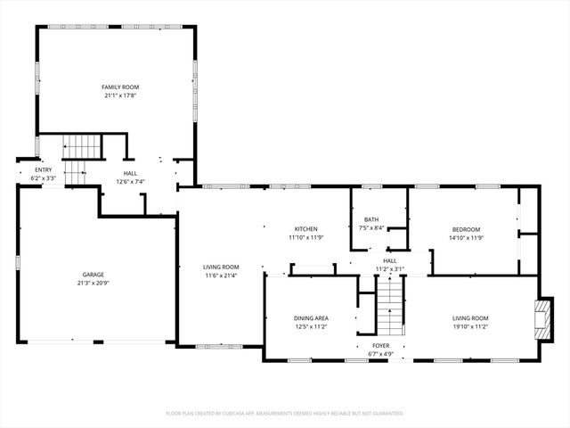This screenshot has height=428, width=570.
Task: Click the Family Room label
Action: coord(119,86)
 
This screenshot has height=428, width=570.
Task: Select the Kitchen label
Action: coord(306,229)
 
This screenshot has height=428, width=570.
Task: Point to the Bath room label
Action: coord(371,219)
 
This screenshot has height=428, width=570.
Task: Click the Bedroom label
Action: coord(466,229)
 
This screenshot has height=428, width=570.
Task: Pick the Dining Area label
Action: coord(312,318)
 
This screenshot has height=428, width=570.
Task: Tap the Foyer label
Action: coord(381,345)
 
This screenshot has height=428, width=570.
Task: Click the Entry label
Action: coord(44,169)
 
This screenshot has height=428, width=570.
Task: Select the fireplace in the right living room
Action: coord(541,316)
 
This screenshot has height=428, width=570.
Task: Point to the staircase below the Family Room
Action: coord(81,146)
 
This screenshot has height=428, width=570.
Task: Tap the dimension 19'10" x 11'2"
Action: coord(470,327)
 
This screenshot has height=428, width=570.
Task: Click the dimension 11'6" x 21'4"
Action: coord(220,276)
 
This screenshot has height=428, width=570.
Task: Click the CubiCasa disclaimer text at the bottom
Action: coord(285,414)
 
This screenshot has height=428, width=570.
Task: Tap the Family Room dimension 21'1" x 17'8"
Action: coord(119,95)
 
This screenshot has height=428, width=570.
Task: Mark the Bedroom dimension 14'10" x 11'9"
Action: coord(466,238)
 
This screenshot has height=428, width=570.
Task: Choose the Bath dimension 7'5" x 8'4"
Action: coord(371,228)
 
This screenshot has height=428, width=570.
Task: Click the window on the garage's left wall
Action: coord(19,263)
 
